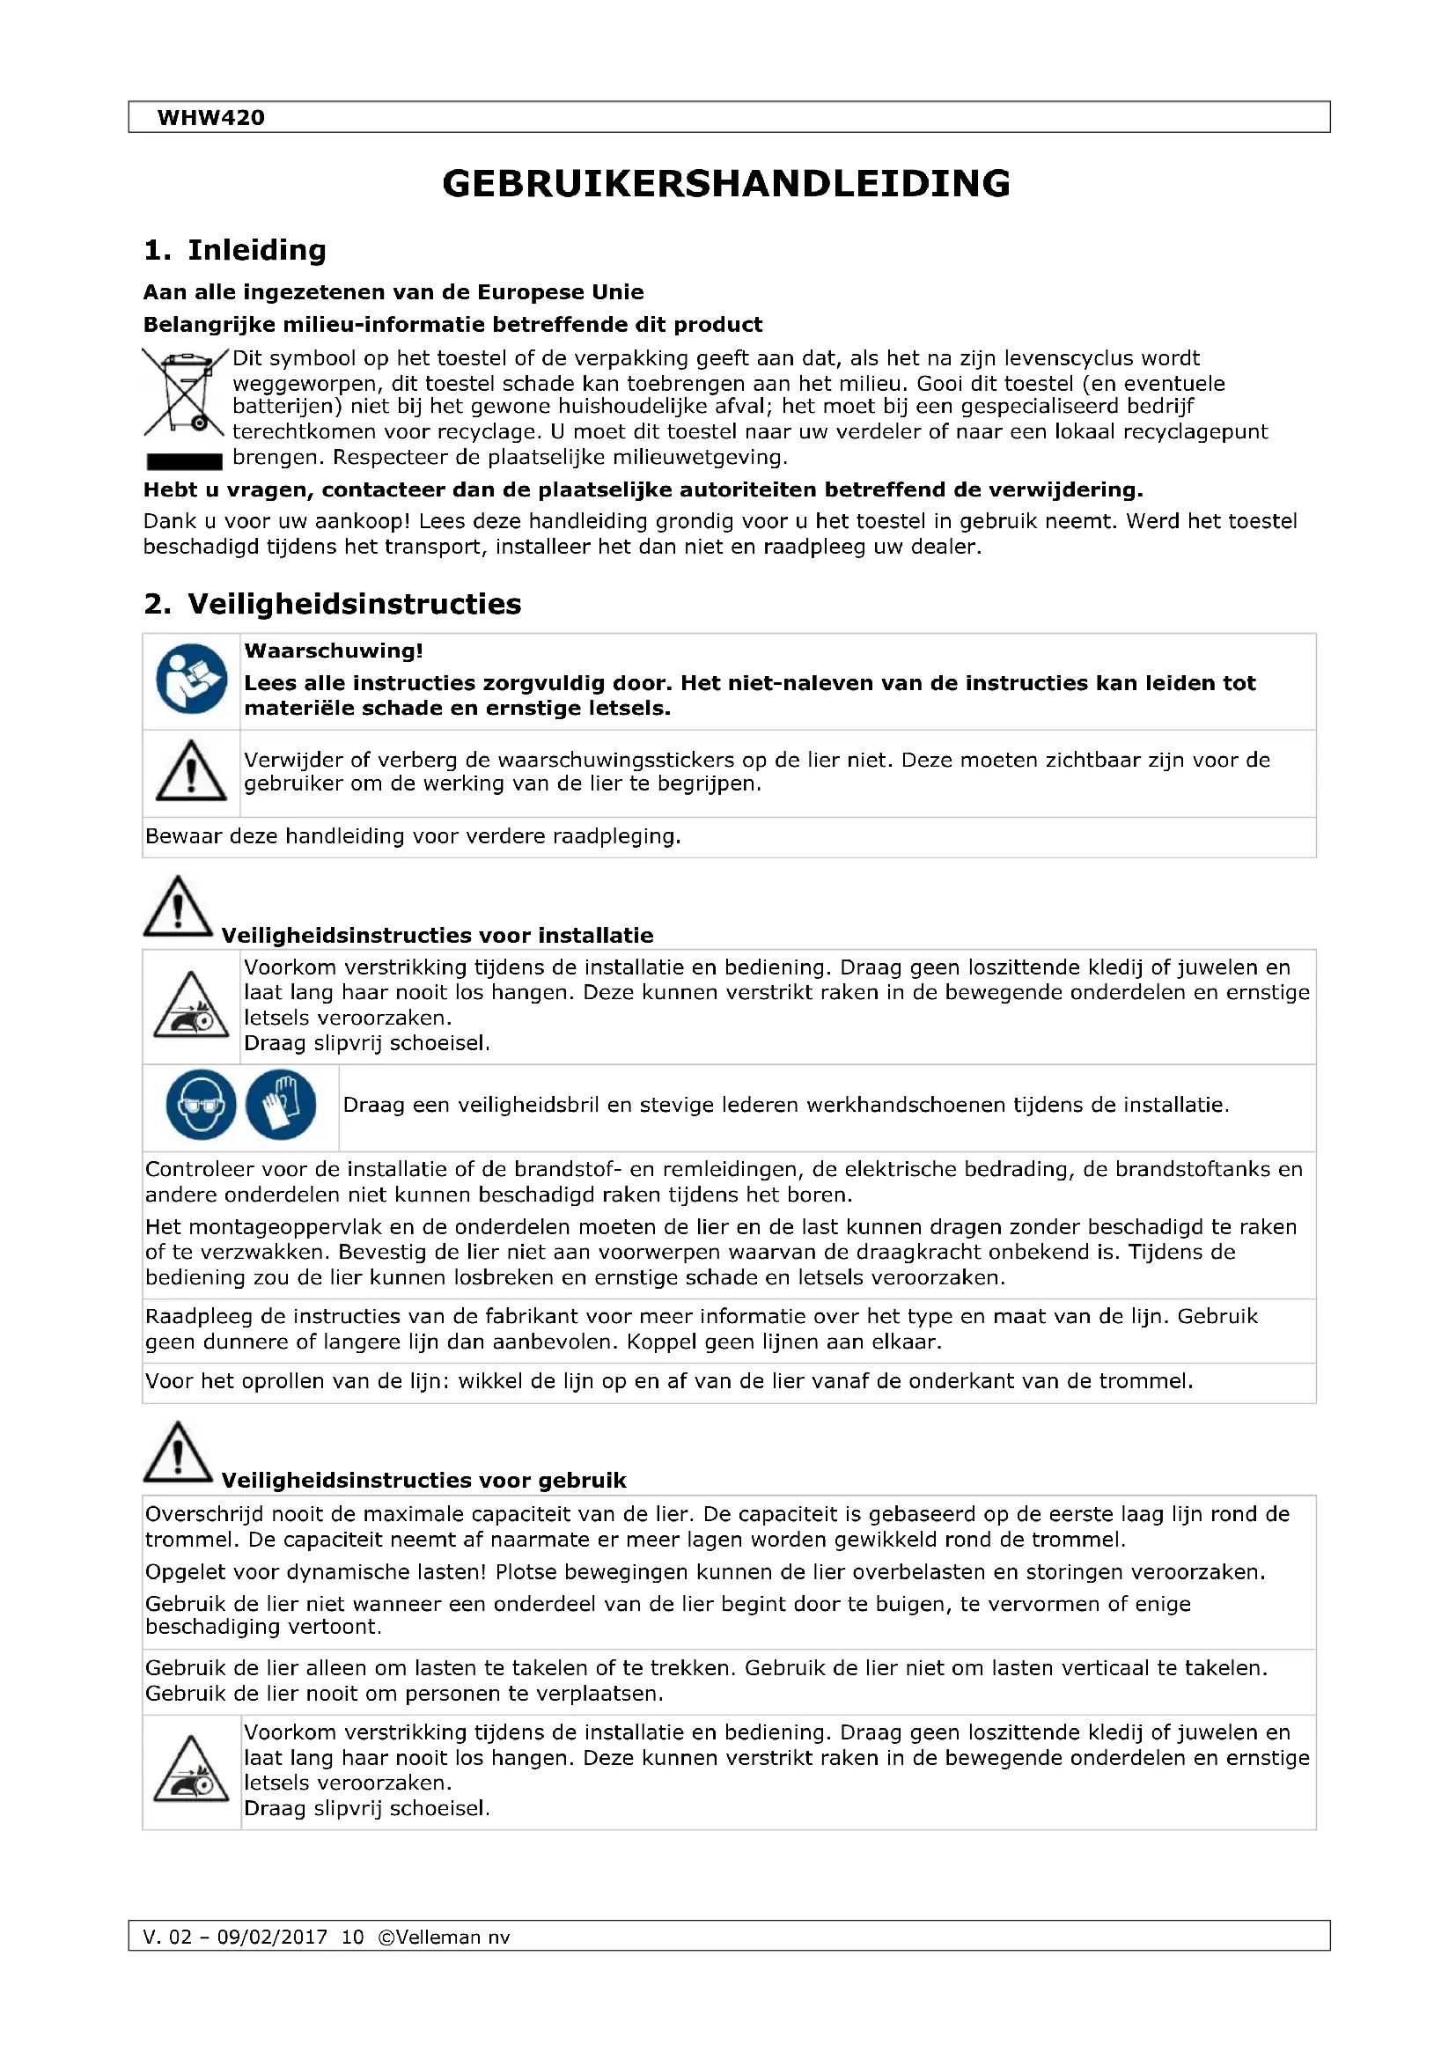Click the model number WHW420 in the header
[210, 117]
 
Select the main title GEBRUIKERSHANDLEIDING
[726, 184]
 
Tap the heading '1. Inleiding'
[235, 250]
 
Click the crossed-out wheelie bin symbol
[184, 393]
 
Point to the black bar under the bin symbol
[184, 462]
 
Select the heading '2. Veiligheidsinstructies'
[332, 604]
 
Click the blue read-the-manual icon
[191, 679]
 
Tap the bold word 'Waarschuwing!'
[334, 651]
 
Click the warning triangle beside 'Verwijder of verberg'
[191, 771]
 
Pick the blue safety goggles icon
[201, 1104]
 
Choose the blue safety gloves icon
[281, 1104]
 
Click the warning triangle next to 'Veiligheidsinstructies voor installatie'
[179, 907]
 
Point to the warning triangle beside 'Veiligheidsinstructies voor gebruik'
[179, 1452]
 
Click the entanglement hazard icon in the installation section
[191, 1006]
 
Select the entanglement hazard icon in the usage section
[191, 1771]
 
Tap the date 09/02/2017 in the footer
[272, 1937]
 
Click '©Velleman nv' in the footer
[444, 1937]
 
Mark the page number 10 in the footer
[352, 1937]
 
